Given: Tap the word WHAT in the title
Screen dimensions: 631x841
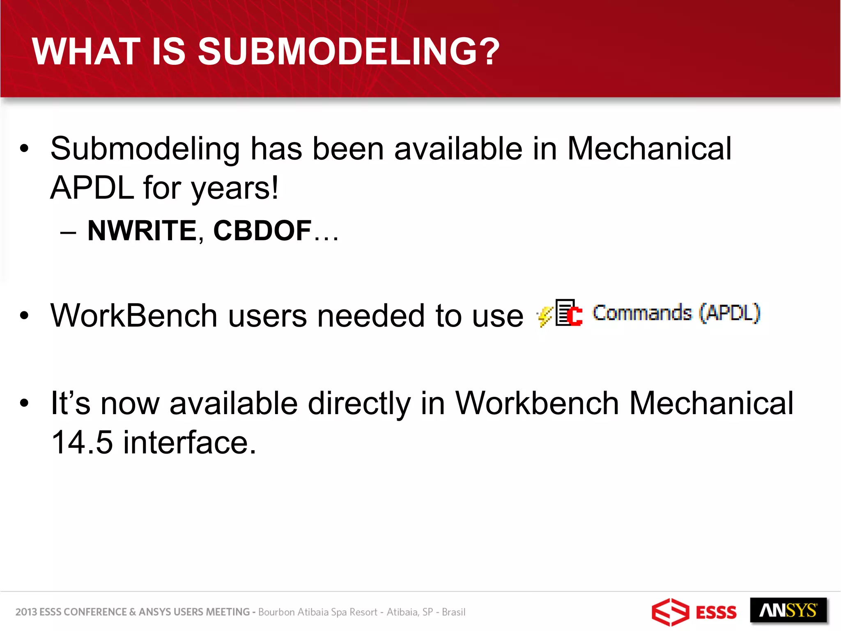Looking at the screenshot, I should tap(86, 51).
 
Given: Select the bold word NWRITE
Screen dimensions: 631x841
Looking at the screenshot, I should tap(142, 230).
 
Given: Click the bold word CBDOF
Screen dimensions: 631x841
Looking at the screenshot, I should tap(262, 230).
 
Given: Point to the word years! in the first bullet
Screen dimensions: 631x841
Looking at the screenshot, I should tap(235, 188).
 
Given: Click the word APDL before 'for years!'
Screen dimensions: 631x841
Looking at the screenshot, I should tap(92, 188).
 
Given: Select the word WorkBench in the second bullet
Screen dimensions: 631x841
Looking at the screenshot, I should tap(134, 315).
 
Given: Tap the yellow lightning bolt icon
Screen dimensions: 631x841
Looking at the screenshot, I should tap(545, 316).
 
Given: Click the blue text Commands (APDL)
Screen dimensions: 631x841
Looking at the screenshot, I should tap(676, 313).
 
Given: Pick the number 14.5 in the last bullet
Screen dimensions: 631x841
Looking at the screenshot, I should tap(82, 442).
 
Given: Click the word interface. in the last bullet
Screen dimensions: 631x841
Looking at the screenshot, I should tap(190, 442).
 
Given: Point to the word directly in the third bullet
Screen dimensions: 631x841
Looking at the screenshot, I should tap(359, 403).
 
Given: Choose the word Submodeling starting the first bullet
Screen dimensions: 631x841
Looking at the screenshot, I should tap(145, 149).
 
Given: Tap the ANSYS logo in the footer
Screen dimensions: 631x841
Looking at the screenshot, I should tap(788, 610).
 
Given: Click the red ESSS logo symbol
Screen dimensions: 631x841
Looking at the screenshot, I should tap(670, 612).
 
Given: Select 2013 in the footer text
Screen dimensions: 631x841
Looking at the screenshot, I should tap(26, 612).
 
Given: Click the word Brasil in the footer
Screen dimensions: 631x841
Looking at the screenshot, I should tap(453, 612).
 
